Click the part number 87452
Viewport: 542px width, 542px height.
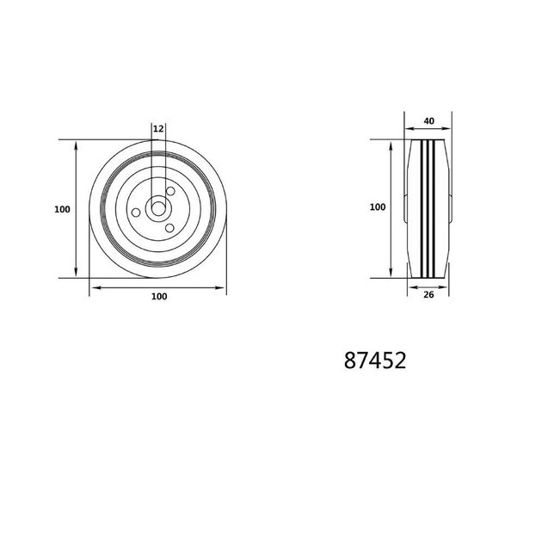click(375, 360)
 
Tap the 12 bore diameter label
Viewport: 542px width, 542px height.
click(158, 129)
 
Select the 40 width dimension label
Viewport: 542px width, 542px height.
click(429, 121)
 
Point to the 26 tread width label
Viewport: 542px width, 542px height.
click(428, 295)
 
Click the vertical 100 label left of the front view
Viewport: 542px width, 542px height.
click(62, 209)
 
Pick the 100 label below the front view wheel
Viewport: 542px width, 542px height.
click(159, 296)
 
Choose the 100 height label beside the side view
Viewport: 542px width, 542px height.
click(378, 207)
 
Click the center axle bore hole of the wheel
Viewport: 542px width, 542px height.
click(158, 209)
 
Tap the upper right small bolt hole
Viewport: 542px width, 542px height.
click(170, 191)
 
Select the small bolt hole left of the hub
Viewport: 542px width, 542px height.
click(136, 212)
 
